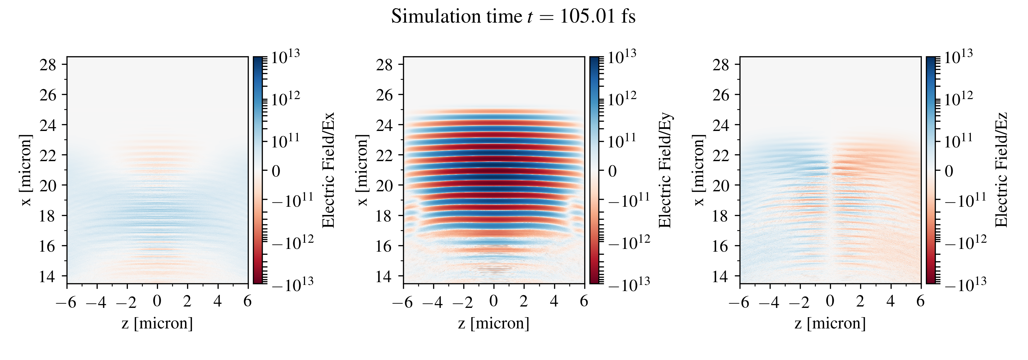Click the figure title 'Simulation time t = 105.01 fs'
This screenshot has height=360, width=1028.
[513, 17]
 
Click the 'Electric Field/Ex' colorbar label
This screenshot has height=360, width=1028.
[328, 170]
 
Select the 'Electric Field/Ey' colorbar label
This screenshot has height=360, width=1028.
[664, 170]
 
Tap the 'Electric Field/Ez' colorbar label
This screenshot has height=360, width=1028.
[1001, 170]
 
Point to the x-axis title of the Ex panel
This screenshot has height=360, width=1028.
[157, 323]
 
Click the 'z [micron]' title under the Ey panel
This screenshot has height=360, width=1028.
[494, 323]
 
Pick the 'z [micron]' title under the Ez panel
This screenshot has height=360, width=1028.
[830, 323]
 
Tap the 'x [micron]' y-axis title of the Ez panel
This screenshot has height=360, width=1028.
[699, 170]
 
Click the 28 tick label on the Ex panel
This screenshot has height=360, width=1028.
[48, 65]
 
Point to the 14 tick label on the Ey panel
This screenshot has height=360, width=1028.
[384, 276]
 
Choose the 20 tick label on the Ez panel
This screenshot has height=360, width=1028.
[721, 185]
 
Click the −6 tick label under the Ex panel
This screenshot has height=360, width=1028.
[66, 302]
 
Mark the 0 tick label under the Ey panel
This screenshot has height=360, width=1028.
[494, 301]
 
